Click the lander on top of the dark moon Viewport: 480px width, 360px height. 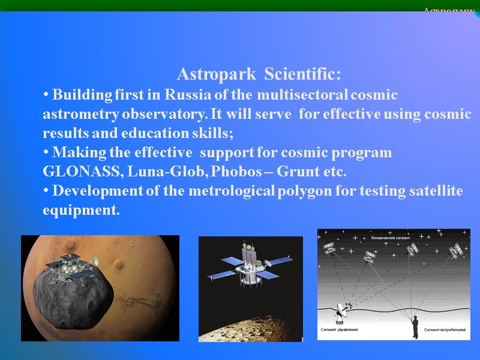tap(72, 264)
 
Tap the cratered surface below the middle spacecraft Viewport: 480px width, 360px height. tap(252, 327)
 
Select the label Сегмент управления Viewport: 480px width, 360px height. tap(340, 329)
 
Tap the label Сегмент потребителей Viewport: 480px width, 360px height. tap(445, 329)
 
